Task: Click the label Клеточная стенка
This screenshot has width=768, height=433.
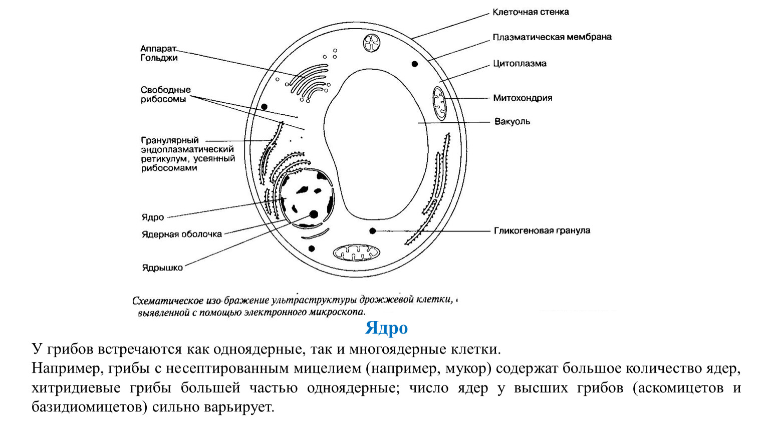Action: point(531,12)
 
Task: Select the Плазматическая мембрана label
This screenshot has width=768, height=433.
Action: point(552,37)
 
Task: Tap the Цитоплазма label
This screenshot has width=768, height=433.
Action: point(520,64)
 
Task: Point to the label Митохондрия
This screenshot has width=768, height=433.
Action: point(523,98)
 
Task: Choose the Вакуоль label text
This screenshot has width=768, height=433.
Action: point(512,121)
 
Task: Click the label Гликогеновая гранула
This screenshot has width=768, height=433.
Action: point(542,230)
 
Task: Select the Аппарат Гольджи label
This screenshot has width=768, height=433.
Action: point(159,53)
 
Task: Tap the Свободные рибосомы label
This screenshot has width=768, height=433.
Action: point(166,94)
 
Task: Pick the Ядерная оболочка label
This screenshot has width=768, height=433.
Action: point(182,235)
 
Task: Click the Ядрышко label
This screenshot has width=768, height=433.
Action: point(162,268)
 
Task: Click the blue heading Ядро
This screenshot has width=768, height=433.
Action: point(386,328)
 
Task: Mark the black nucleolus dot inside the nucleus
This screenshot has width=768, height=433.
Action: point(314,215)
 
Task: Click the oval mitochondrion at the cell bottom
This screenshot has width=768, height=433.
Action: point(357,253)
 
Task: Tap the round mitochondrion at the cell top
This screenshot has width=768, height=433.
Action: point(372,43)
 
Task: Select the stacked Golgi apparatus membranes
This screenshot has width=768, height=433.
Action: point(308,83)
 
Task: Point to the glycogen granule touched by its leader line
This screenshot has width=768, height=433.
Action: point(372,231)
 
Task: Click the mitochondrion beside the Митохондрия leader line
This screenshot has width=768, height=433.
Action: point(439,103)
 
